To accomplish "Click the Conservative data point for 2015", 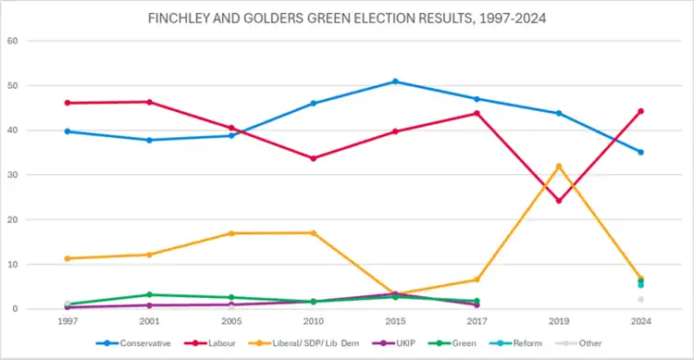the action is (x=395, y=81).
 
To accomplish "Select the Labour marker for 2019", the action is (x=559, y=201).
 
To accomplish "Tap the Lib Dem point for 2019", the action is (x=559, y=167).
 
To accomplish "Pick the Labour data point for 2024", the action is (x=640, y=111).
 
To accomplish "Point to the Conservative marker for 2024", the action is (x=640, y=152).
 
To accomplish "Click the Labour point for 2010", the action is (x=314, y=158).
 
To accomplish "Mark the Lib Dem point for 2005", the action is (x=231, y=233).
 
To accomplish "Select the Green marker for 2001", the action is (x=149, y=294).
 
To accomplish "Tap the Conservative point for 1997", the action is (x=68, y=131).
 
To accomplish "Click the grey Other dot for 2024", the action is (x=640, y=299).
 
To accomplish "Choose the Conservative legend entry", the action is (x=133, y=343).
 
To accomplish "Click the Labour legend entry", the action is (x=210, y=343).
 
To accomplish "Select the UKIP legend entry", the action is (x=393, y=343).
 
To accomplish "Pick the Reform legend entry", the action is (x=515, y=343).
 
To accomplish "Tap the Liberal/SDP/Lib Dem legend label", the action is (x=316, y=343).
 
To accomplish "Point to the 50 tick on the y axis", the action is (x=12, y=85).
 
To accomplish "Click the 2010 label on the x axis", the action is (x=314, y=321).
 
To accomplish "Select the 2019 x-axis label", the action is (x=559, y=321).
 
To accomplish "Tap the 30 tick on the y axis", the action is (x=12, y=175).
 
